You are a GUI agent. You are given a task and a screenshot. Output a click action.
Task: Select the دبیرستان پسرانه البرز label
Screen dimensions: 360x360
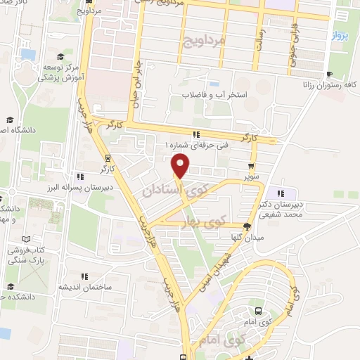80,188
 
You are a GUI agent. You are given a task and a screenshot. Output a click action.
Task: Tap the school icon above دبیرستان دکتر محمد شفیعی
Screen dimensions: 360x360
281,194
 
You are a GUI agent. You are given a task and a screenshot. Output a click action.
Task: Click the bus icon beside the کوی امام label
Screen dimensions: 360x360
258,310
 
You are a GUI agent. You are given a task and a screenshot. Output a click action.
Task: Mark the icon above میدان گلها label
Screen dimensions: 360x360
246,226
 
